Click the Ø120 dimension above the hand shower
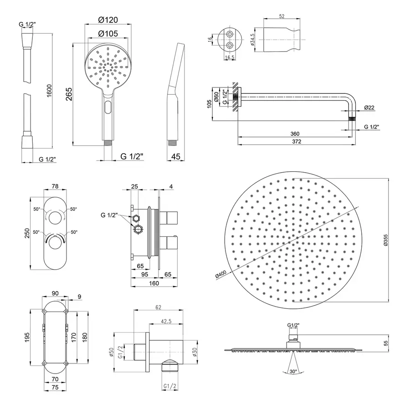click(x=108, y=20)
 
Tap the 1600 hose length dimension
click(x=49, y=91)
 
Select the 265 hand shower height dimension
click(x=69, y=94)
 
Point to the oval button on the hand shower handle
click(x=108, y=107)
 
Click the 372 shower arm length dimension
click(x=297, y=142)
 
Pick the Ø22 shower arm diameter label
click(x=369, y=108)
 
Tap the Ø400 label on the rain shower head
click(x=220, y=275)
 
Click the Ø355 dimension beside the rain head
click(x=386, y=240)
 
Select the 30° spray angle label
click(x=293, y=371)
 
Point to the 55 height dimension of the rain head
click(x=386, y=343)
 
